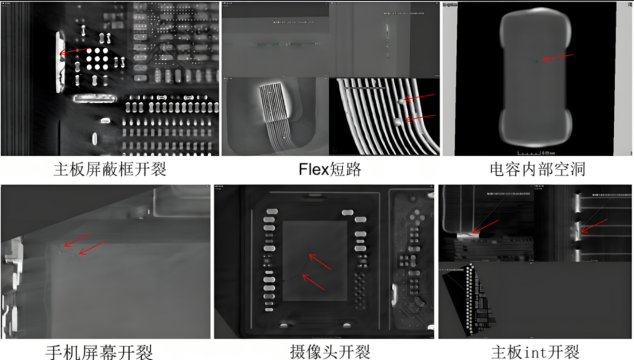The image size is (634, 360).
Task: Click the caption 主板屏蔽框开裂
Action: [110, 169]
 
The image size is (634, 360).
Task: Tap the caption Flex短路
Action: [329, 169]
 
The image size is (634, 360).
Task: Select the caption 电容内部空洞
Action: [538, 169]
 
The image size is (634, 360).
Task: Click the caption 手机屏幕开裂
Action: [99, 352]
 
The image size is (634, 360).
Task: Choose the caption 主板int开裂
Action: [535, 352]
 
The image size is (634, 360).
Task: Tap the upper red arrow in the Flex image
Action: [420, 97]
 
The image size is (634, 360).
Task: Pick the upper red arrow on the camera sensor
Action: [319, 262]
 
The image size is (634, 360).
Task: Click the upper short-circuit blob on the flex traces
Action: [402, 102]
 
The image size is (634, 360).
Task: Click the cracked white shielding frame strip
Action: [60, 62]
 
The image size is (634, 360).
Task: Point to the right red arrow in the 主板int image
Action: [594, 225]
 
